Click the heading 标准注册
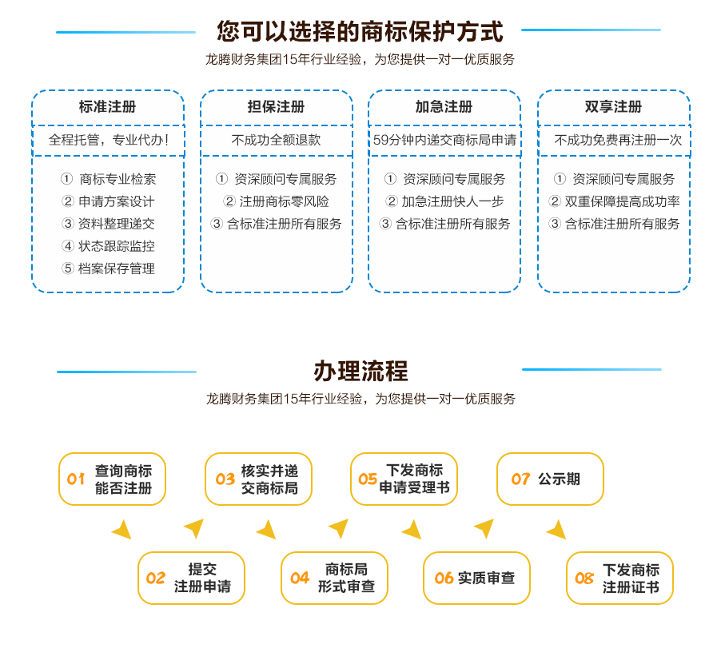(108, 106)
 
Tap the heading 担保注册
(277, 106)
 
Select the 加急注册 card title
(444, 106)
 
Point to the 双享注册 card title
(613, 106)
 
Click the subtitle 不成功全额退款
(277, 140)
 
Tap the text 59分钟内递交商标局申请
(444, 140)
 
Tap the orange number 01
(76, 479)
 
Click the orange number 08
(584, 578)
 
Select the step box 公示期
(550, 479)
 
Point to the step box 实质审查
(476, 578)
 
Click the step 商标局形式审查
(334, 578)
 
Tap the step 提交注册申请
(191, 578)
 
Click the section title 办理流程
(361, 372)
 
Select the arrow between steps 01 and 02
(122, 530)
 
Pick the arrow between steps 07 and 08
(557, 530)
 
